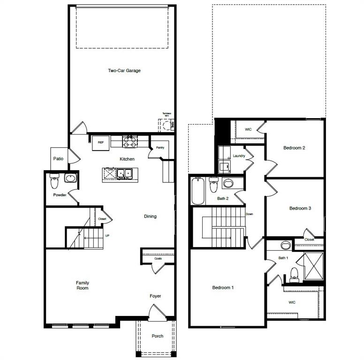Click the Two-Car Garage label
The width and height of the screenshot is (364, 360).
124,71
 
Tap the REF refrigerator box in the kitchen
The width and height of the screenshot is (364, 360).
100,142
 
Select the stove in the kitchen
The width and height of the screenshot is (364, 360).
129,140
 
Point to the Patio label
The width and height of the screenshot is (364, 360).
58,159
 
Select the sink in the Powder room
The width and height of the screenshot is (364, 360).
70,179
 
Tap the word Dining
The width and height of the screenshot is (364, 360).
150,217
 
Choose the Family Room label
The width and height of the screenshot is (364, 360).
83,285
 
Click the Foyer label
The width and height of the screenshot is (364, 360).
155,296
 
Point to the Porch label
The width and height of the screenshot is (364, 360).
157,336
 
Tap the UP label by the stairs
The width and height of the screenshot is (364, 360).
107,236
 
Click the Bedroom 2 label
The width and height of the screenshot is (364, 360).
294,148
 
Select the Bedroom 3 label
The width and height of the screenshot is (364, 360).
300,209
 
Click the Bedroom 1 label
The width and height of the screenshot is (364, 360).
222,287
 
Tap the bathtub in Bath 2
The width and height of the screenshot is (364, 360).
198,191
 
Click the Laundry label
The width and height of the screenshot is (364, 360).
239,156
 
